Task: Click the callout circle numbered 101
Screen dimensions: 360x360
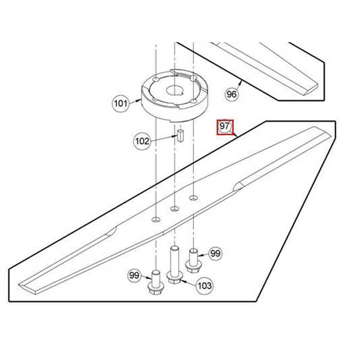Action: (x=120, y=104)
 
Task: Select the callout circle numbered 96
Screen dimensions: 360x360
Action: (x=232, y=94)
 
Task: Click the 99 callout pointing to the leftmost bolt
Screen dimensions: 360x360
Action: (x=134, y=276)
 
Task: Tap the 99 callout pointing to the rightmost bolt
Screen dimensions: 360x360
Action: (x=215, y=253)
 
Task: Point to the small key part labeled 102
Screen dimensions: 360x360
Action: (x=180, y=136)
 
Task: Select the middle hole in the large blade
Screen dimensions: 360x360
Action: (x=175, y=208)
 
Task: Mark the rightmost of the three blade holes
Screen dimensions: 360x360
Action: (x=193, y=197)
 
